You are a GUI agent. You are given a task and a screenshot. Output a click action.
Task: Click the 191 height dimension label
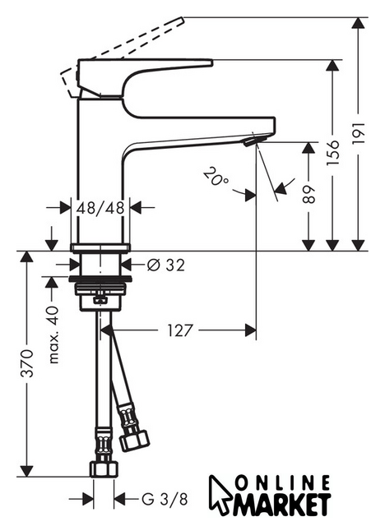pos(359,133)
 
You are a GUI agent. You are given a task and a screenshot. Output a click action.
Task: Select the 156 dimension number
pos(333,153)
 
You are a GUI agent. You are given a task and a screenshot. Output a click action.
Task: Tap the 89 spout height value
pos(308,194)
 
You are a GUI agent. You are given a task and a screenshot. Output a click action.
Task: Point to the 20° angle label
pos(216,176)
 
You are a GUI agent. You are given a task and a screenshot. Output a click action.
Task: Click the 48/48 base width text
pos(100,208)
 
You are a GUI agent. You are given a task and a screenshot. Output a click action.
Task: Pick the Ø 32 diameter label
pos(166,265)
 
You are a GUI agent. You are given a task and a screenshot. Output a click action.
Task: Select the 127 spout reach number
pos(180,330)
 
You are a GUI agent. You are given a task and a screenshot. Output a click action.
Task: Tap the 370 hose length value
pos(27,363)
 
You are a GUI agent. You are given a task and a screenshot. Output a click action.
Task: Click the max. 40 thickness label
pos(53,335)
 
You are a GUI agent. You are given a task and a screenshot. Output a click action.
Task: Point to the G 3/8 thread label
pos(165,499)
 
